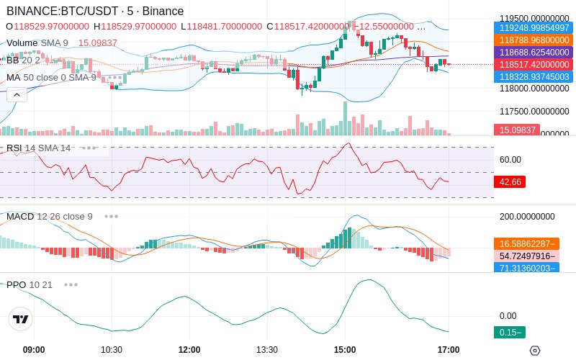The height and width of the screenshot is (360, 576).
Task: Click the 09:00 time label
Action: [x=34, y=349]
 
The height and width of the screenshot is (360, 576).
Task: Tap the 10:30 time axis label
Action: [x=112, y=349]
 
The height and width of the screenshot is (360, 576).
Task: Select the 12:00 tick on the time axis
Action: [x=189, y=349]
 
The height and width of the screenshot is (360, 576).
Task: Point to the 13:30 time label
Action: [x=267, y=349]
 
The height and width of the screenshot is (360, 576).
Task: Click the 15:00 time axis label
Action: [x=345, y=349]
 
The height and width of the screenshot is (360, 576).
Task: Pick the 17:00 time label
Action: [x=449, y=349]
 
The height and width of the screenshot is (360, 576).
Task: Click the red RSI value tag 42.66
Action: [x=510, y=182]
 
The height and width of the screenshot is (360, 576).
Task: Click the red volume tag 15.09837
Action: [x=516, y=130]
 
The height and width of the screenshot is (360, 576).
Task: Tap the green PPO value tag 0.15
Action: [x=509, y=332]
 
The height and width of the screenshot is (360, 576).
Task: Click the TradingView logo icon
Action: [x=21, y=319]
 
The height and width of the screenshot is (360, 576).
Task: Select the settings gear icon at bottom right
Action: [x=534, y=351]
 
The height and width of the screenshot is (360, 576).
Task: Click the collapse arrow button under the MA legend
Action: [x=16, y=94]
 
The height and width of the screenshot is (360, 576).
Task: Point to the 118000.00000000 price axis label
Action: [x=534, y=89]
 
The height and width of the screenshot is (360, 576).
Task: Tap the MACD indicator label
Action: [x=20, y=216]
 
